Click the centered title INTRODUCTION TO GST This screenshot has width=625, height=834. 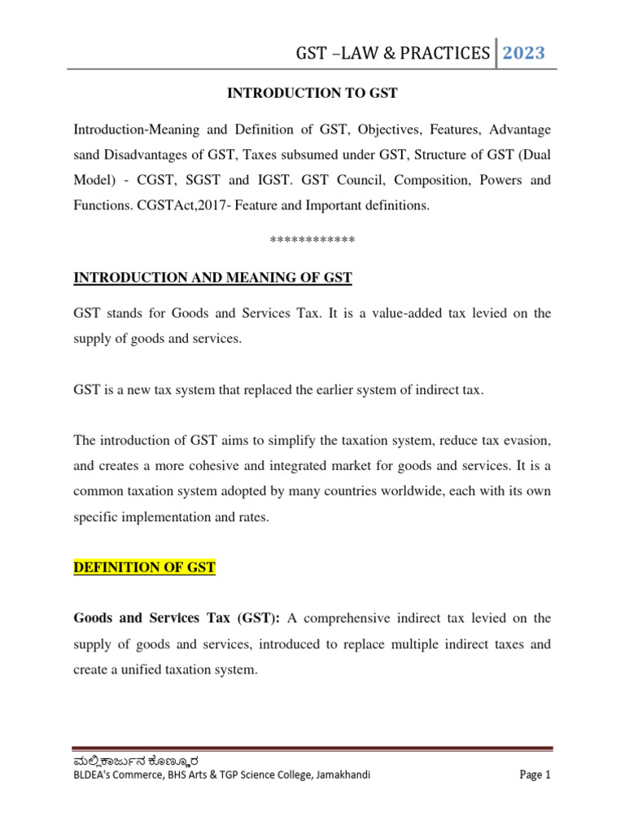point(312,94)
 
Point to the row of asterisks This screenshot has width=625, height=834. point(312,241)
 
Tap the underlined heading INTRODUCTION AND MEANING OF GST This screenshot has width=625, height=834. point(213,279)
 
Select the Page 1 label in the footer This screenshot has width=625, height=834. point(535,775)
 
